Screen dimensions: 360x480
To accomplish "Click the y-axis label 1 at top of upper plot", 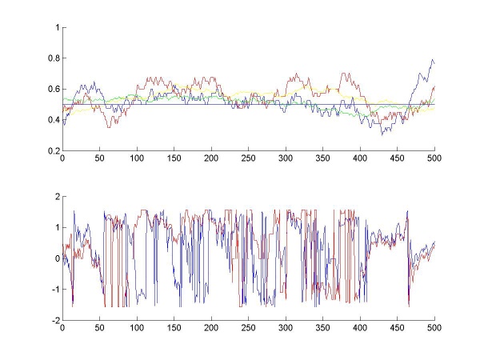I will pos(57,27).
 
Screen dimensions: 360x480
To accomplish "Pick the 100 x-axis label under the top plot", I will pos(137,158).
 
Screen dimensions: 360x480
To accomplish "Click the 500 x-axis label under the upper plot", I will pos(434,158).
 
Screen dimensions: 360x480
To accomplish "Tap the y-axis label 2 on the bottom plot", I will pos(57,196).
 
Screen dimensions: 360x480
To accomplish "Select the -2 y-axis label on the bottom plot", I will pos(54,320).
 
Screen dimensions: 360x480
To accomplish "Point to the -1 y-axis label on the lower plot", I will pos(54,289).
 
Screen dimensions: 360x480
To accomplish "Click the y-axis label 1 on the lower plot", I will pos(57,227).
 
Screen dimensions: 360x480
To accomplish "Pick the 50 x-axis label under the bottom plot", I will pos(100,327).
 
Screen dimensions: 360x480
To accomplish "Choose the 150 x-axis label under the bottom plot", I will pos(174,327).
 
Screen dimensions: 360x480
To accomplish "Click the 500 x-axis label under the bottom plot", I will pos(434,327).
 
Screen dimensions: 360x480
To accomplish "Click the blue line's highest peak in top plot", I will pos(432,60).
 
